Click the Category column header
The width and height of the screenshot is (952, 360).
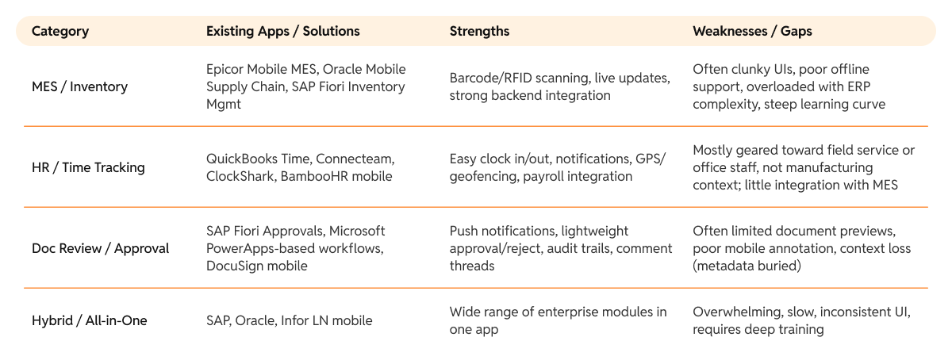point(60,32)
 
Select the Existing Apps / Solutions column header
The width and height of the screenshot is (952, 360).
point(282,32)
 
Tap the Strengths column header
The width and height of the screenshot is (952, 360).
point(479,32)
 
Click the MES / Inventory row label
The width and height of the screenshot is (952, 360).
point(79,86)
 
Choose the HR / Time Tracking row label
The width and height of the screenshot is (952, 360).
point(88,167)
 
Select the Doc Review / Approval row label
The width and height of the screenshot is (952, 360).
point(100,248)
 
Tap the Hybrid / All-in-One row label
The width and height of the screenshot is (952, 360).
point(89,320)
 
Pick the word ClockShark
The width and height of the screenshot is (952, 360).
point(240,176)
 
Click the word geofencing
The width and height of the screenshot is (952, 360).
point(482,176)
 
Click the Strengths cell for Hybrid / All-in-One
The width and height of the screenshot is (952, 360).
point(558,320)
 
